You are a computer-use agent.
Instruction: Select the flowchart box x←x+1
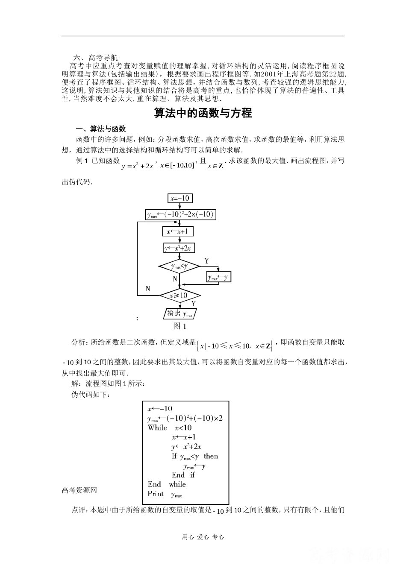pos(177,231)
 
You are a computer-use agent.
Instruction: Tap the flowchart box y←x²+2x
pos(179,248)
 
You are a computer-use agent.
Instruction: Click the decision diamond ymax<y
pos(179,266)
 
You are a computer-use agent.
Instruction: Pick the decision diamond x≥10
pos(179,295)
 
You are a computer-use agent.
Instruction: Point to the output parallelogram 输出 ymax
pos(179,314)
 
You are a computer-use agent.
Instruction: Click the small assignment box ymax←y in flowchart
pos(218,277)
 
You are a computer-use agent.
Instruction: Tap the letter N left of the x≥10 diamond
pos(148,289)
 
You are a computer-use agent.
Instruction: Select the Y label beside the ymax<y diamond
pos(206,261)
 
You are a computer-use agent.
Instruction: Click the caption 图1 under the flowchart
pos(179,326)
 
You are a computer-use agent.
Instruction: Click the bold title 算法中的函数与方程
pos(203,113)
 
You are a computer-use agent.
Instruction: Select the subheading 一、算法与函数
pos(100,129)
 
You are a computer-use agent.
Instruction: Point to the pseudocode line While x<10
pos(170,428)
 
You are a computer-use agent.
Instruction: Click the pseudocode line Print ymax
pos(165,494)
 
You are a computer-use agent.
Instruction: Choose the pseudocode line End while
pos(167,484)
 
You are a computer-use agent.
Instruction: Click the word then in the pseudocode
pos(211,456)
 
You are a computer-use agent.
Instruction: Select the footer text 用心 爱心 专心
pos(203,537)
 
